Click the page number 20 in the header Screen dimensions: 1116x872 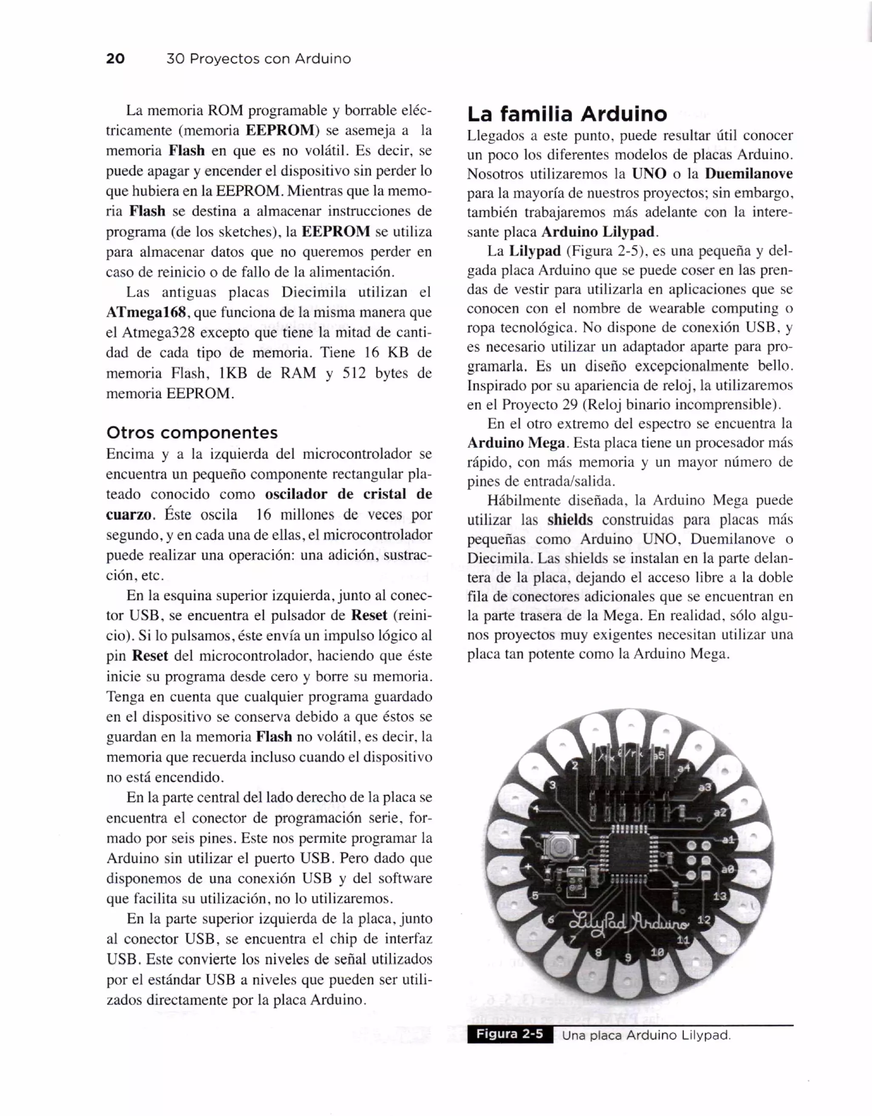pos(115,58)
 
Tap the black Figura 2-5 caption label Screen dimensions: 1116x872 pos(509,1035)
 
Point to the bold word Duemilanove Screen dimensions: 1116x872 pos(749,174)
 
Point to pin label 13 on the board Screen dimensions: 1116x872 pos(719,896)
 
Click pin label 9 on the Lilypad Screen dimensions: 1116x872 pos(628,957)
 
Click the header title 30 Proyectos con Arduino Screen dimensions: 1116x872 pos(258,59)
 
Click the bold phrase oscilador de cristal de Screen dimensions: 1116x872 pos(348,494)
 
